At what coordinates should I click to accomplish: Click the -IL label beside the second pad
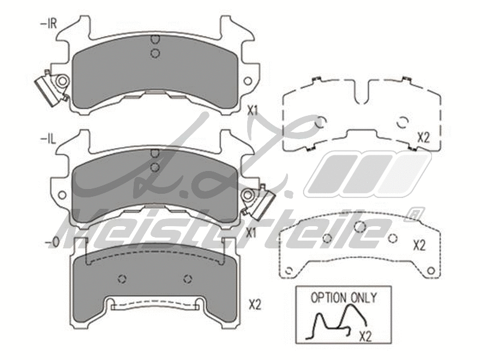(46, 139)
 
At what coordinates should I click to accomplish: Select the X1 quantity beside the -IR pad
(253, 110)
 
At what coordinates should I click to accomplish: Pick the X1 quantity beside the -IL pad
(253, 233)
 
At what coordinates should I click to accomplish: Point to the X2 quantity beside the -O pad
(254, 304)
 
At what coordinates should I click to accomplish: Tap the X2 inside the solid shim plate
(419, 245)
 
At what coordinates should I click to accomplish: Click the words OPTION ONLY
(343, 297)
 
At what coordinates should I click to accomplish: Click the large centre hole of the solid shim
(360, 226)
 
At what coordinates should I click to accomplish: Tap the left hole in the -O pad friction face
(122, 278)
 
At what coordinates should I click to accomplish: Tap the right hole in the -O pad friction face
(188, 278)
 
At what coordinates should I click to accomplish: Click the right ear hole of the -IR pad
(247, 80)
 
